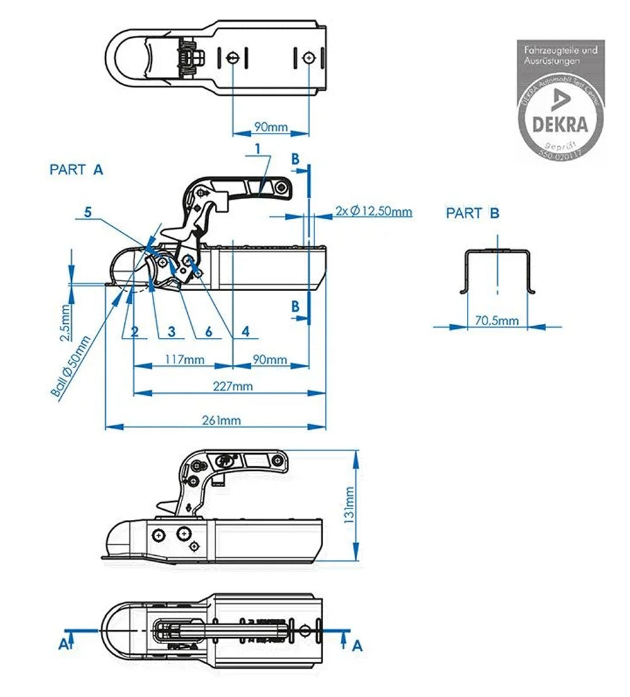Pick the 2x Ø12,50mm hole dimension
[374, 212]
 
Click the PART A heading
[76, 169]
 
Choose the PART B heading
[472, 214]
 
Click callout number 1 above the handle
[258, 148]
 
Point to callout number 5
[88, 213]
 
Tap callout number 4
[245, 330]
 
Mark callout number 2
[134, 330]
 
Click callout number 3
[171, 330]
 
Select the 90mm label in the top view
[271, 127]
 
